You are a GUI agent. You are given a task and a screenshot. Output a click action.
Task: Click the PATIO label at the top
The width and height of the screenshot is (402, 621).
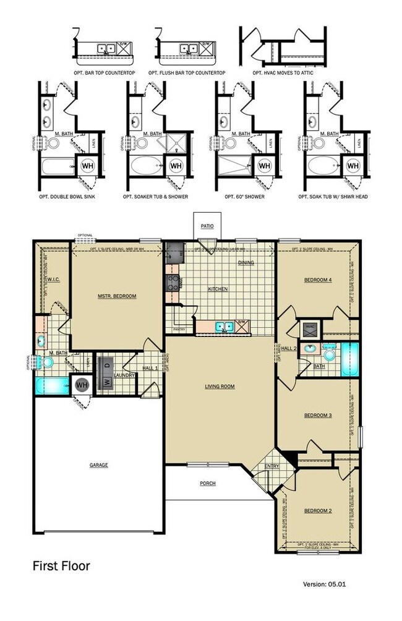207,226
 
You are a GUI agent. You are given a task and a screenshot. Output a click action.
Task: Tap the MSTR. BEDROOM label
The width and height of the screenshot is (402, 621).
117,296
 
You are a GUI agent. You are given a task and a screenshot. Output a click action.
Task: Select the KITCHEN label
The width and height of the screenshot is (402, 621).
217,289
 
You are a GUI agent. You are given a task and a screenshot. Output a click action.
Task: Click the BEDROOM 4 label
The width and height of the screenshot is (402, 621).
318,280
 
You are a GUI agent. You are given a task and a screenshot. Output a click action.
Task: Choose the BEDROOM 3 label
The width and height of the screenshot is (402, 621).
318,416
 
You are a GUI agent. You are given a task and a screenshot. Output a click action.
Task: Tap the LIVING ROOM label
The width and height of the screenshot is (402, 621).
220,387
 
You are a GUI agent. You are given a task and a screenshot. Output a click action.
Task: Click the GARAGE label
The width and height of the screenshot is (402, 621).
98,465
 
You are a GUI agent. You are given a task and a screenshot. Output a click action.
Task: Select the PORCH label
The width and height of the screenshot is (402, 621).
208,483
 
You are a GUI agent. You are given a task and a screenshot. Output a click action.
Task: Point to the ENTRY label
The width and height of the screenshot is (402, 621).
272,466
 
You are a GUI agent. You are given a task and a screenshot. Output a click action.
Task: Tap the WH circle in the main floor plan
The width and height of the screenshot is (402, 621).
82,385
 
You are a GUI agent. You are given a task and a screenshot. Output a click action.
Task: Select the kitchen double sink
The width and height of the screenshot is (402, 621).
223,325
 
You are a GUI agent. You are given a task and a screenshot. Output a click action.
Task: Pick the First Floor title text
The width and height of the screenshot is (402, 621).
61,565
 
